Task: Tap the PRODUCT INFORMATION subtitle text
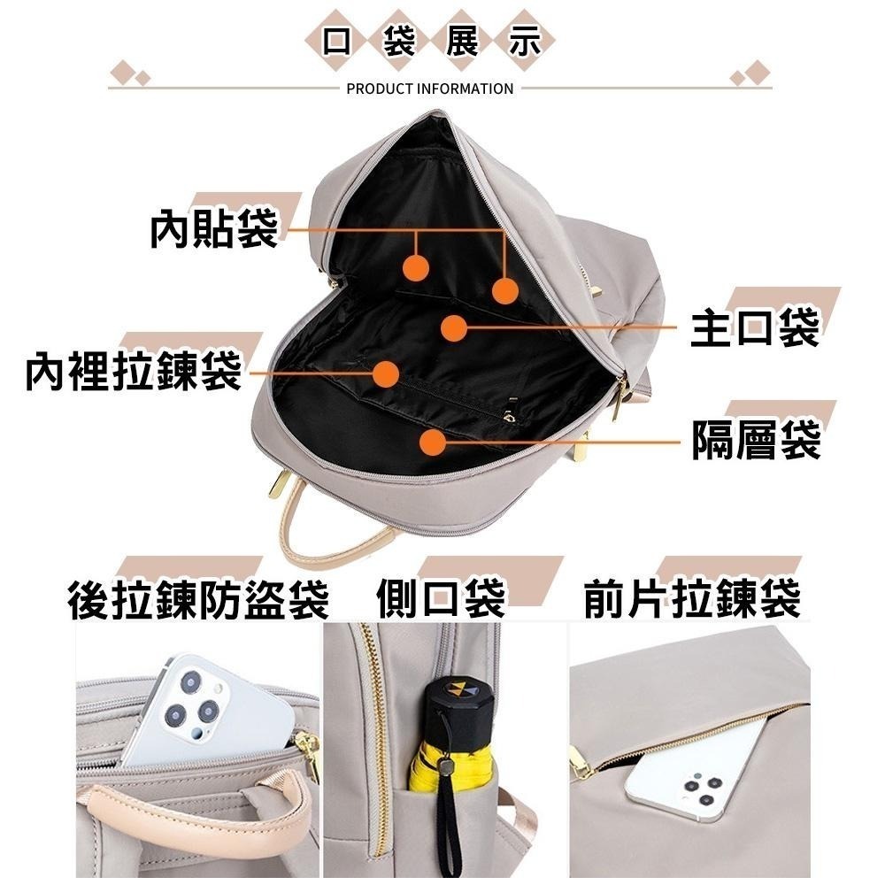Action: [x=430, y=88]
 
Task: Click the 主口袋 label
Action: [x=755, y=328]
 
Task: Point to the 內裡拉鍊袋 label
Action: [x=134, y=373]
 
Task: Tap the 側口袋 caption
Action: [x=440, y=598]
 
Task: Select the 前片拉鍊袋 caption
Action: [x=691, y=599]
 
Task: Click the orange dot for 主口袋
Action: [x=454, y=328]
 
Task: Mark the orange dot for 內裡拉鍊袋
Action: [x=384, y=373]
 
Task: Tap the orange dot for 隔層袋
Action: [x=432, y=442]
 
